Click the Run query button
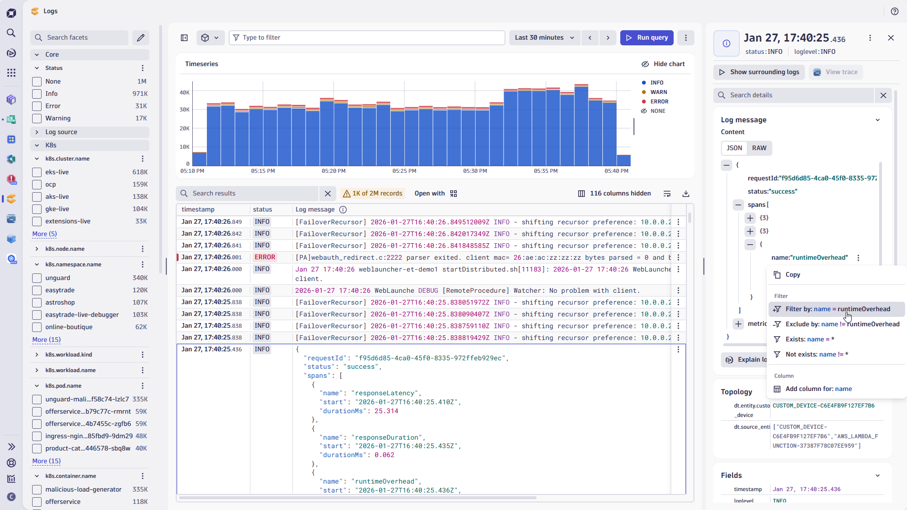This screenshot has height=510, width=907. click(647, 38)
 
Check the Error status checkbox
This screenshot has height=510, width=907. click(37, 106)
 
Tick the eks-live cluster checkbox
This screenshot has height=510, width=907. click(37, 172)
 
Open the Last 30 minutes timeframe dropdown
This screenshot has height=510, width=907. click(544, 38)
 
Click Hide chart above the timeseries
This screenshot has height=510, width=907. click(663, 64)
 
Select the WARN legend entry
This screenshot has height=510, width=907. click(658, 92)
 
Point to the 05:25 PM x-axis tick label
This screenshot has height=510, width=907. click(404, 171)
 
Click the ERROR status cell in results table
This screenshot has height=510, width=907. click(265, 257)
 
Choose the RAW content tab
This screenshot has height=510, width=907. click(759, 148)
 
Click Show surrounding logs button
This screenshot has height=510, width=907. click(759, 72)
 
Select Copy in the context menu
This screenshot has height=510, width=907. click(792, 275)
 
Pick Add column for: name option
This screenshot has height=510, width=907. click(818, 389)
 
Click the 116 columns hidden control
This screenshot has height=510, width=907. click(614, 194)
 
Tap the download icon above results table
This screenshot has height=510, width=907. click(686, 194)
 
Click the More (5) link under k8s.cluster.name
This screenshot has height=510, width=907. click(44, 234)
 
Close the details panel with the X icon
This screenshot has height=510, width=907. click(890, 38)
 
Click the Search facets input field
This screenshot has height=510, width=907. click(85, 38)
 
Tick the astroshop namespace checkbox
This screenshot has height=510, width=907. click(37, 303)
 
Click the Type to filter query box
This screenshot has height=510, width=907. click(368, 38)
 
